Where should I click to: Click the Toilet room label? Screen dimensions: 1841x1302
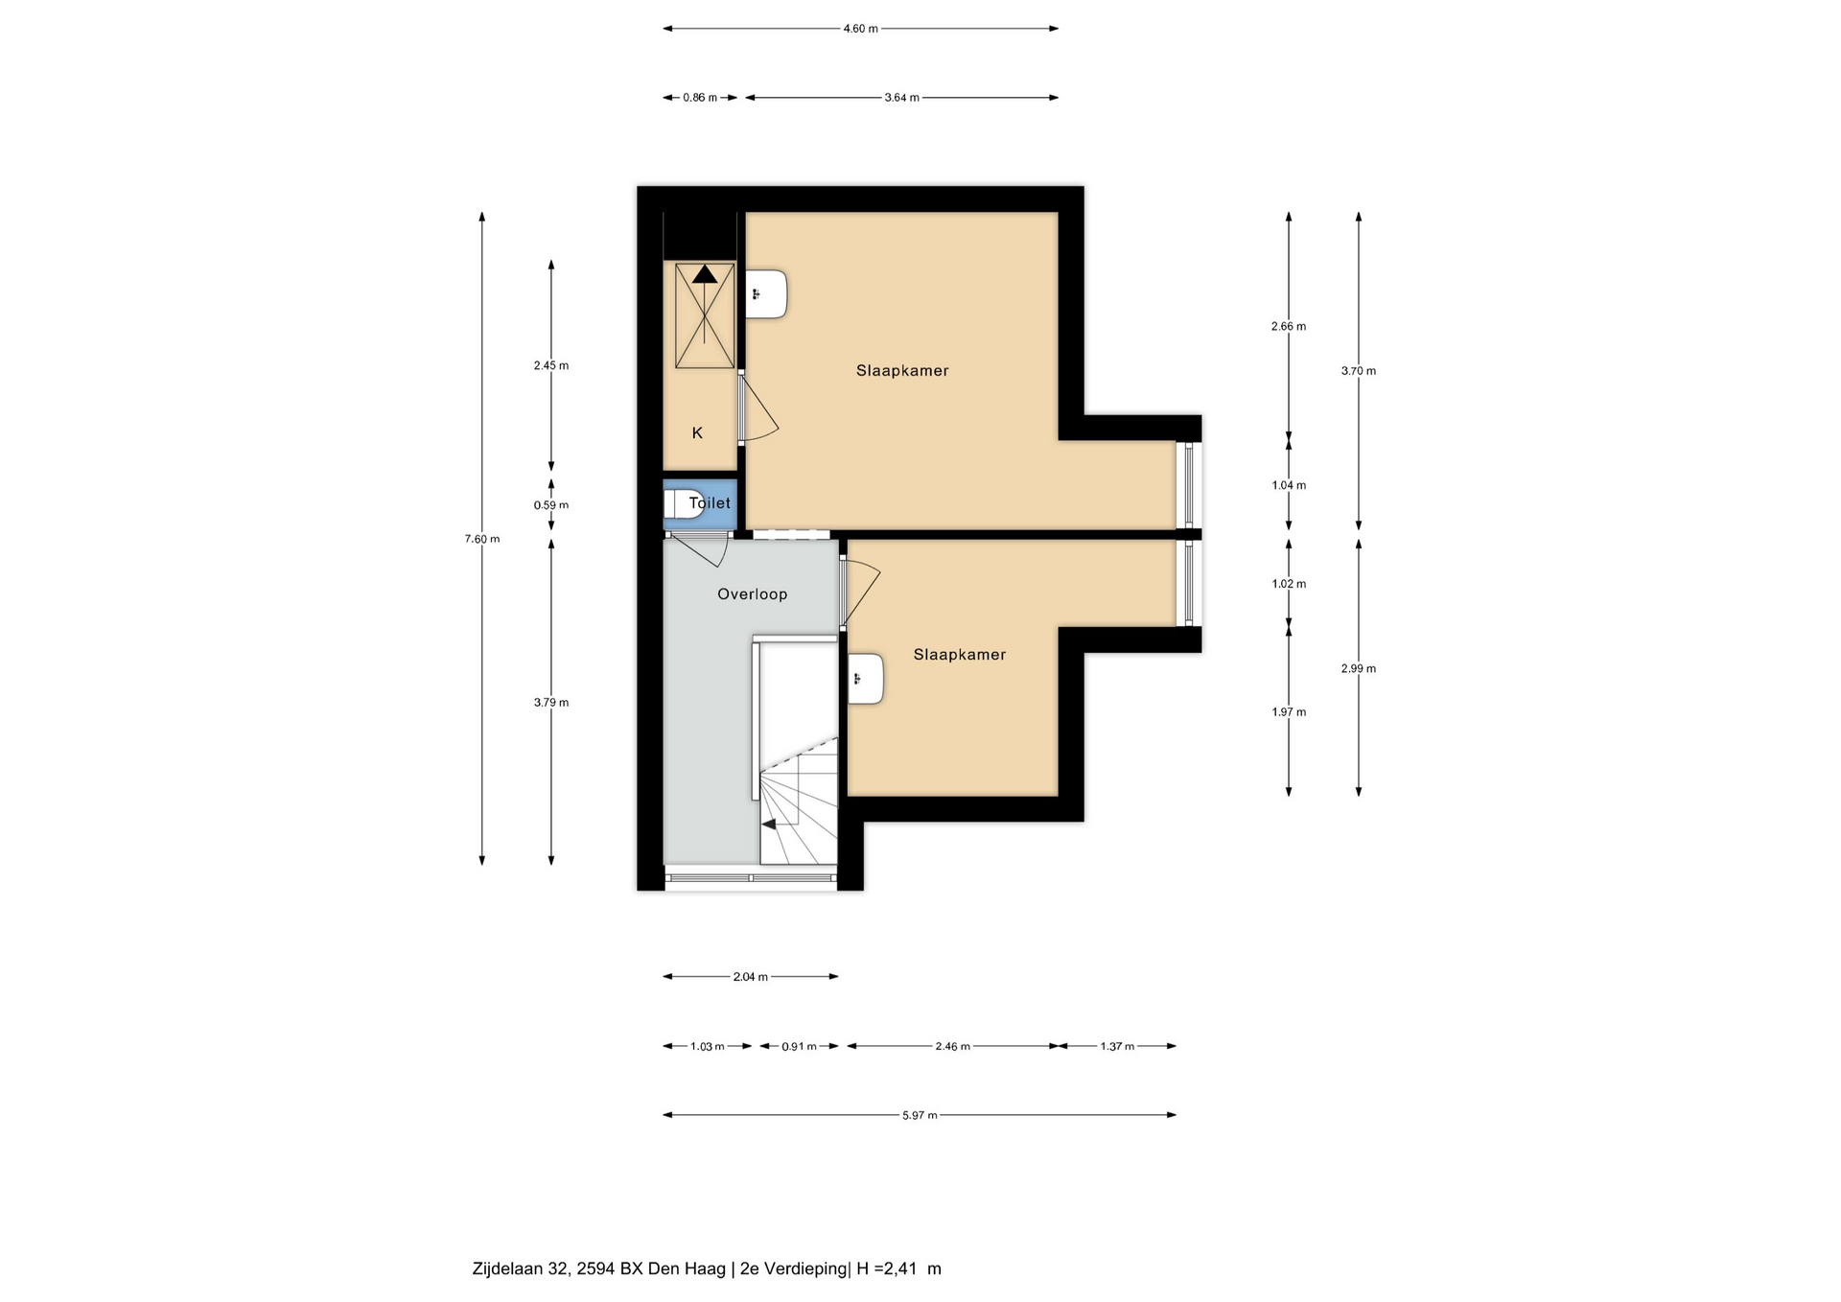coord(710,503)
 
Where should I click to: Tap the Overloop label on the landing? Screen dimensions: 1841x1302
coord(753,594)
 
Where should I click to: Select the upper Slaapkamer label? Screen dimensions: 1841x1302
coord(902,371)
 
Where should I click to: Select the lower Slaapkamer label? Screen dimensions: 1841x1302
coord(960,655)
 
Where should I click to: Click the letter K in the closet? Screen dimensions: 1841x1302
coord(697,433)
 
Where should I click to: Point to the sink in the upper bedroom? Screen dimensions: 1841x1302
coord(766,294)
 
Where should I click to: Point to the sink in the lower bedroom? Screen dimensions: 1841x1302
coord(865,679)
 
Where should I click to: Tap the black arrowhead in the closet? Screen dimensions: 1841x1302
coord(705,274)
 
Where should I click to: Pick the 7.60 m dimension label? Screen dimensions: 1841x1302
coord(482,539)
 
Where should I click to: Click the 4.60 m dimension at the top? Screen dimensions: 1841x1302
coord(860,29)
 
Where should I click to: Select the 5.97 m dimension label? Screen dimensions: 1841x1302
coord(920,1115)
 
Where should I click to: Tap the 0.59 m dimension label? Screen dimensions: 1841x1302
coord(551,505)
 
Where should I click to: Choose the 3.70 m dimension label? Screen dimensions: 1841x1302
coord(1359,371)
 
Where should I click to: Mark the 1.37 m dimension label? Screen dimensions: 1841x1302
coord(1117,1046)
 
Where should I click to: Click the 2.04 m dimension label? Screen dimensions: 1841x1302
coord(751,977)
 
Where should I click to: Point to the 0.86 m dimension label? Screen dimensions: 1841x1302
coord(700,98)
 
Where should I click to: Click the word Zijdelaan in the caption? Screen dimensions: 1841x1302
coord(508,1269)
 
